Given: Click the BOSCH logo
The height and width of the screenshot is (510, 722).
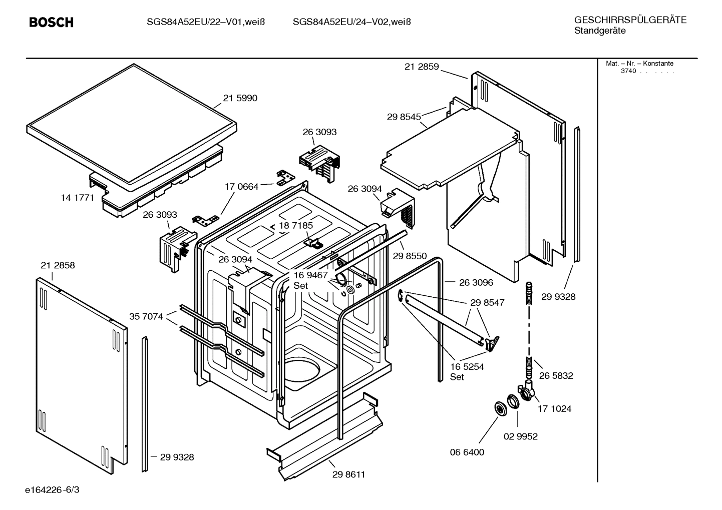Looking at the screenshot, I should [x=51, y=23].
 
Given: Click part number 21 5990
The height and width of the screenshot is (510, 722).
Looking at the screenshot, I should [x=240, y=98].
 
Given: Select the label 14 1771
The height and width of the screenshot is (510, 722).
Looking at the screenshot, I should [x=77, y=198].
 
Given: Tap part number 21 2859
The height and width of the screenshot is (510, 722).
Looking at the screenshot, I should [x=421, y=67].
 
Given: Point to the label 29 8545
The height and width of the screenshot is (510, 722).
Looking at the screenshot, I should [x=404, y=117].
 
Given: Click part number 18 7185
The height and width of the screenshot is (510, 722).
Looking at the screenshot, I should [x=296, y=225].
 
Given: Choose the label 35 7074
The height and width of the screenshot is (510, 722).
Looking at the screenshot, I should [x=146, y=316].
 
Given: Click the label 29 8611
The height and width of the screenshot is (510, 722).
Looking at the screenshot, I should [x=348, y=474].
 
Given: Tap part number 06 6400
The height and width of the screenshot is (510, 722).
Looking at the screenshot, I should [x=467, y=452].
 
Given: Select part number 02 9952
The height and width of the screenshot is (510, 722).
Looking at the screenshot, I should [x=520, y=436].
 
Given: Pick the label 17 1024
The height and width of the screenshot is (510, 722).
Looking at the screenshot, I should [x=554, y=409].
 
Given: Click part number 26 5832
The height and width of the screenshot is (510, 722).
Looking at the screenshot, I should [x=556, y=375].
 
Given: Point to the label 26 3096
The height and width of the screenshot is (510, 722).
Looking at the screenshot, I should [x=476, y=282].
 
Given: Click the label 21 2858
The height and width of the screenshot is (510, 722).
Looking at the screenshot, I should [x=58, y=265].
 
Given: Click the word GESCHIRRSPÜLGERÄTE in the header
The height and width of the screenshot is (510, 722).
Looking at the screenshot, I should [x=630, y=20].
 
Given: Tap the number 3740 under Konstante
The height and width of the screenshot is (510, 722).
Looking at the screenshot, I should [x=628, y=71].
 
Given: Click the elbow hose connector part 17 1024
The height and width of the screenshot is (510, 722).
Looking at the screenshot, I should [x=527, y=390].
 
